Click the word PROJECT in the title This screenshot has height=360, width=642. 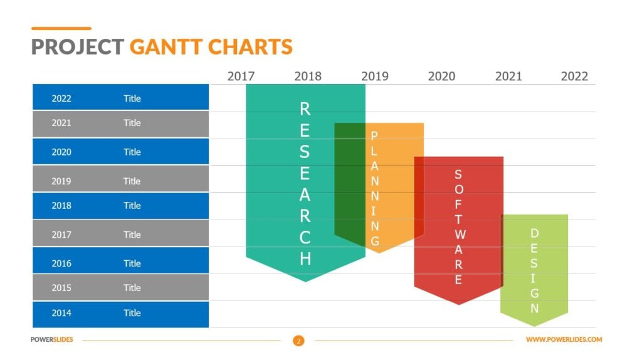(x=77, y=47)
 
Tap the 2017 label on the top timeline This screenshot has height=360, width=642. (x=241, y=77)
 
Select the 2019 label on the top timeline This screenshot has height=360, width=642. (x=375, y=77)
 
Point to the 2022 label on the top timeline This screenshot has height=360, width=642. (x=574, y=77)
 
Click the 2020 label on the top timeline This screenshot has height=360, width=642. (x=441, y=77)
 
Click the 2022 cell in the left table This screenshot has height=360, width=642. (x=61, y=98)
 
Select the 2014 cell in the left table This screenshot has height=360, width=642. (x=61, y=313)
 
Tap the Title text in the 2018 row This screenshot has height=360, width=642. (x=132, y=206)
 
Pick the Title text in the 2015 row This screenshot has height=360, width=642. (x=132, y=288)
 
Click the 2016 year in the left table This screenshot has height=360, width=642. (x=61, y=263)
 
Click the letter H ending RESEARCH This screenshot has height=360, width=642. (x=305, y=259)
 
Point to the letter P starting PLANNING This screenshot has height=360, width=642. (x=375, y=135)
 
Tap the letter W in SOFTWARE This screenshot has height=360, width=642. (x=459, y=235)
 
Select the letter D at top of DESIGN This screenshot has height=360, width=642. (x=535, y=233)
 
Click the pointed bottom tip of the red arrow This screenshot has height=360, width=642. (x=459, y=304)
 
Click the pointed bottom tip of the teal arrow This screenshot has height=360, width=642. (x=305, y=281)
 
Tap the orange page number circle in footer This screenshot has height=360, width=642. (x=298, y=341)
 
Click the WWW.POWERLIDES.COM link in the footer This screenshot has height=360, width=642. (x=564, y=340)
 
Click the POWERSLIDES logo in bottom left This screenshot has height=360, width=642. (x=52, y=340)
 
